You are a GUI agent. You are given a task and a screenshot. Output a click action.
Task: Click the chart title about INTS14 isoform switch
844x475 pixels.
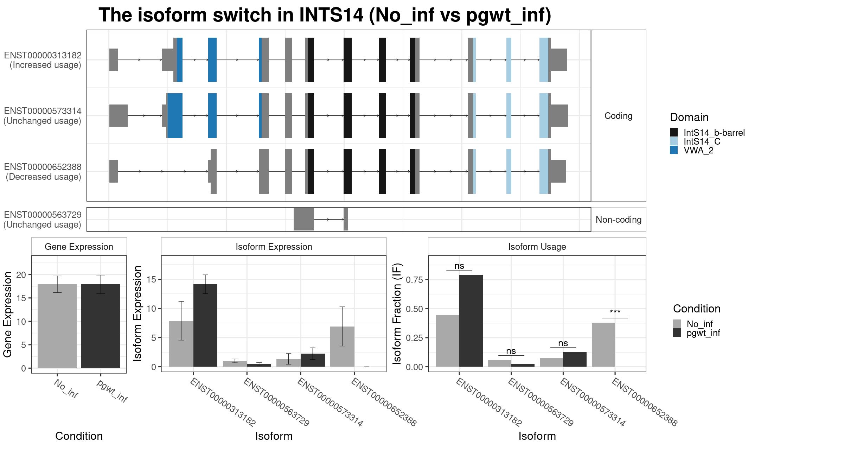click(x=325, y=15)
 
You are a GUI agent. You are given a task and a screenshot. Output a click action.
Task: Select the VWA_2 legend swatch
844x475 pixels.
click(x=673, y=150)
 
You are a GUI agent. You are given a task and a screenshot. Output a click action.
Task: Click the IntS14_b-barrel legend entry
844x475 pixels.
click(x=714, y=133)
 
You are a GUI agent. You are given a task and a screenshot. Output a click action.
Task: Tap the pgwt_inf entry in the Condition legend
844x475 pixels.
click(x=703, y=333)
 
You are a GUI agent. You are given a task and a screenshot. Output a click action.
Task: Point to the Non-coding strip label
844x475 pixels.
click(x=618, y=220)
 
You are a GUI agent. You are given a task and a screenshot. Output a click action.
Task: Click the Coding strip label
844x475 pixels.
click(x=618, y=116)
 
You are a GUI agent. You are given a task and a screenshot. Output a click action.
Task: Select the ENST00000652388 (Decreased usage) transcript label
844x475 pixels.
click(x=43, y=172)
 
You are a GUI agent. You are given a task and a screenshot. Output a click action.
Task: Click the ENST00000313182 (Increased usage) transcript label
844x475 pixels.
click(x=43, y=60)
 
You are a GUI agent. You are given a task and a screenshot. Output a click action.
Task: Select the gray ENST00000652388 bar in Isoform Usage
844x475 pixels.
click(x=603, y=344)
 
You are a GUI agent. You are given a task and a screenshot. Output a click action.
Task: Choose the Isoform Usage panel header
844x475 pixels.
click(x=537, y=247)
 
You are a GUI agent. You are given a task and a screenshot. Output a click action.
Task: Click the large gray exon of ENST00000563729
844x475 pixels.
click(x=303, y=220)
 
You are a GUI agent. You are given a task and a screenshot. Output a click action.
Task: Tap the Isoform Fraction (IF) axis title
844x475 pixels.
click(x=397, y=313)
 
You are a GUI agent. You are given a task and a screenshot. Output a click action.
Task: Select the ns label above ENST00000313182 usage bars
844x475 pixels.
click(x=459, y=266)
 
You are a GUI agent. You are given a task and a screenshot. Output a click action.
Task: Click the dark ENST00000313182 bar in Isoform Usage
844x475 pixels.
click(x=471, y=321)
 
